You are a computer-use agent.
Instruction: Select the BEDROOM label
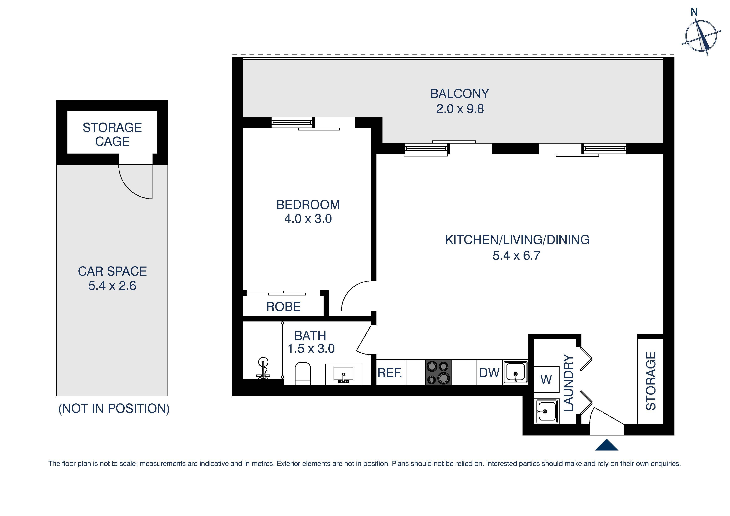point(308,205)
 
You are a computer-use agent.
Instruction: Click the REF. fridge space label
point(390,373)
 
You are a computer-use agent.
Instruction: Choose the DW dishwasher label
point(489,373)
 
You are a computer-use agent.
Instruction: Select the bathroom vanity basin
point(343,374)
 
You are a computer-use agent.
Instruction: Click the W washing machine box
point(546,379)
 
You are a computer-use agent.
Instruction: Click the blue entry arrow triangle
point(606,445)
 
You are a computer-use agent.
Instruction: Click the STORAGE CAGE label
point(112,134)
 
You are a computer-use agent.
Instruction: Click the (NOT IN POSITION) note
point(114,409)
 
